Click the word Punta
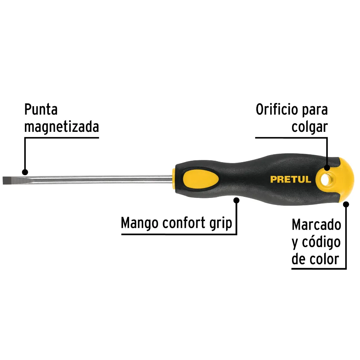click(41, 109)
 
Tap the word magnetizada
click(62, 127)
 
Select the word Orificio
click(276, 109)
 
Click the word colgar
click(309, 127)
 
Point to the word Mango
click(140, 223)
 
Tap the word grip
click(221, 223)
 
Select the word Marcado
click(316, 225)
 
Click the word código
click(321, 243)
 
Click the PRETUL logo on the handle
click(291, 179)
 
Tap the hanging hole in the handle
click(324, 180)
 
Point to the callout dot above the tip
click(25, 172)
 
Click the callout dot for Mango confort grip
click(236, 200)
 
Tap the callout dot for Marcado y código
click(346, 204)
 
